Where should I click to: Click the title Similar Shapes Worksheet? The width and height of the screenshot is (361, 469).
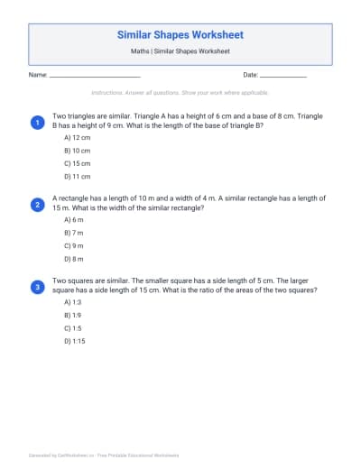[x=180, y=35]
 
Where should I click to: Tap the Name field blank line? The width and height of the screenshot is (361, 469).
[x=95, y=75]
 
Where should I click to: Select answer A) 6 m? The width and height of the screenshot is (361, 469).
[x=74, y=220]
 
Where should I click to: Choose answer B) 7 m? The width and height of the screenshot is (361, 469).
[x=74, y=234]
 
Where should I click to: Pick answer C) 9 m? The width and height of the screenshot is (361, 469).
[x=74, y=246]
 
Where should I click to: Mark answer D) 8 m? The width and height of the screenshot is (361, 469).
[x=74, y=260]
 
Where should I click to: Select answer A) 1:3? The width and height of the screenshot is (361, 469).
[x=73, y=302]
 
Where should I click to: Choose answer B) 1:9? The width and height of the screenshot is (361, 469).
[x=73, y=316]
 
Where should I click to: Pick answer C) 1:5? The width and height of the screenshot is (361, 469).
[x=73, y=328]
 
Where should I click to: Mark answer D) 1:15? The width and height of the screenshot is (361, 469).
[x=75, y=342]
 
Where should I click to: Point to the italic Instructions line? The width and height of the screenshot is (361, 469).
[x=180, y=93]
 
